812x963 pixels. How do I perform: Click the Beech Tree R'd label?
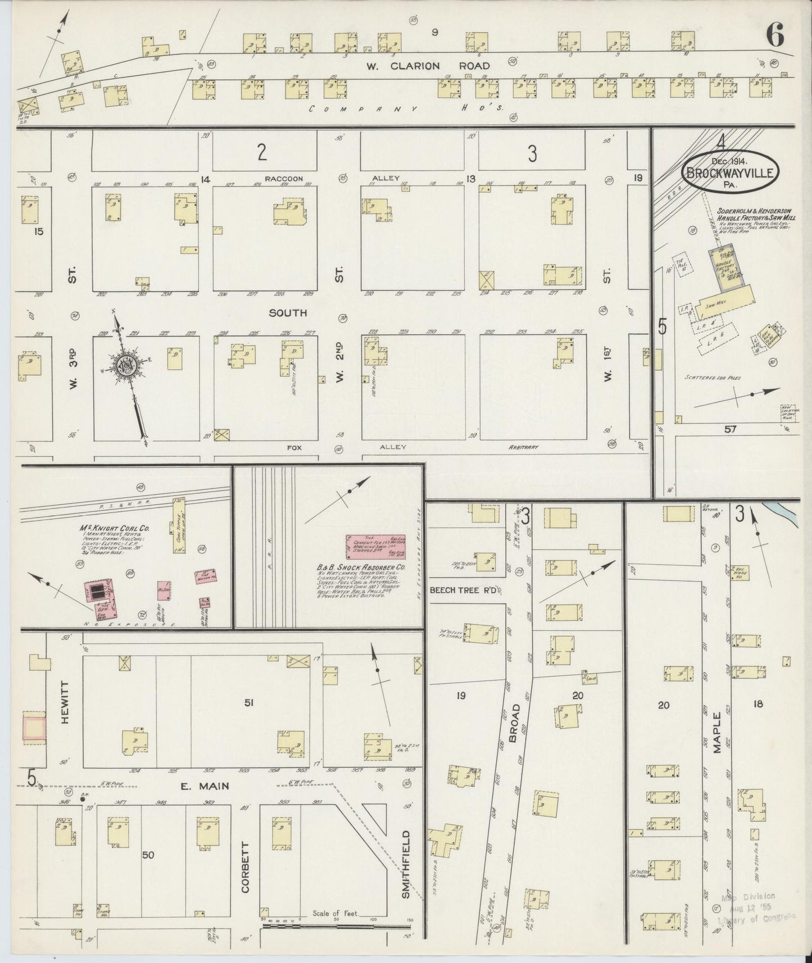[x=465, y=590]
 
